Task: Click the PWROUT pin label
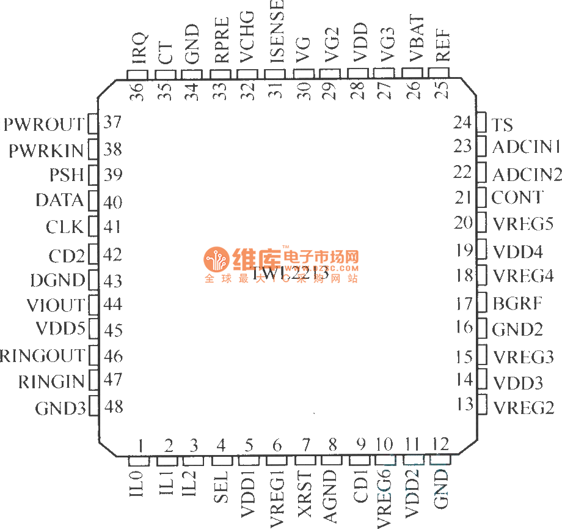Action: pyautogui.click(x=44, y=125)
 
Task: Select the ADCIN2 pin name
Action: pyautogui.click(x=527, y=175)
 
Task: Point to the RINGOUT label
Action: pyautogui.click(x=42, y=356)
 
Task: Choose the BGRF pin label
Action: pyautogui.click(x=517, y=303)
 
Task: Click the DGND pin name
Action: pyautogui.click(x=58, y=281)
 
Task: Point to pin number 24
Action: pyautogui.click(x=463, y=123)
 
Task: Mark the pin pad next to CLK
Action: pyautogui.click(x=93, y=227)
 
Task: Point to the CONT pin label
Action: pyautogui.click(x=517, y=198)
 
